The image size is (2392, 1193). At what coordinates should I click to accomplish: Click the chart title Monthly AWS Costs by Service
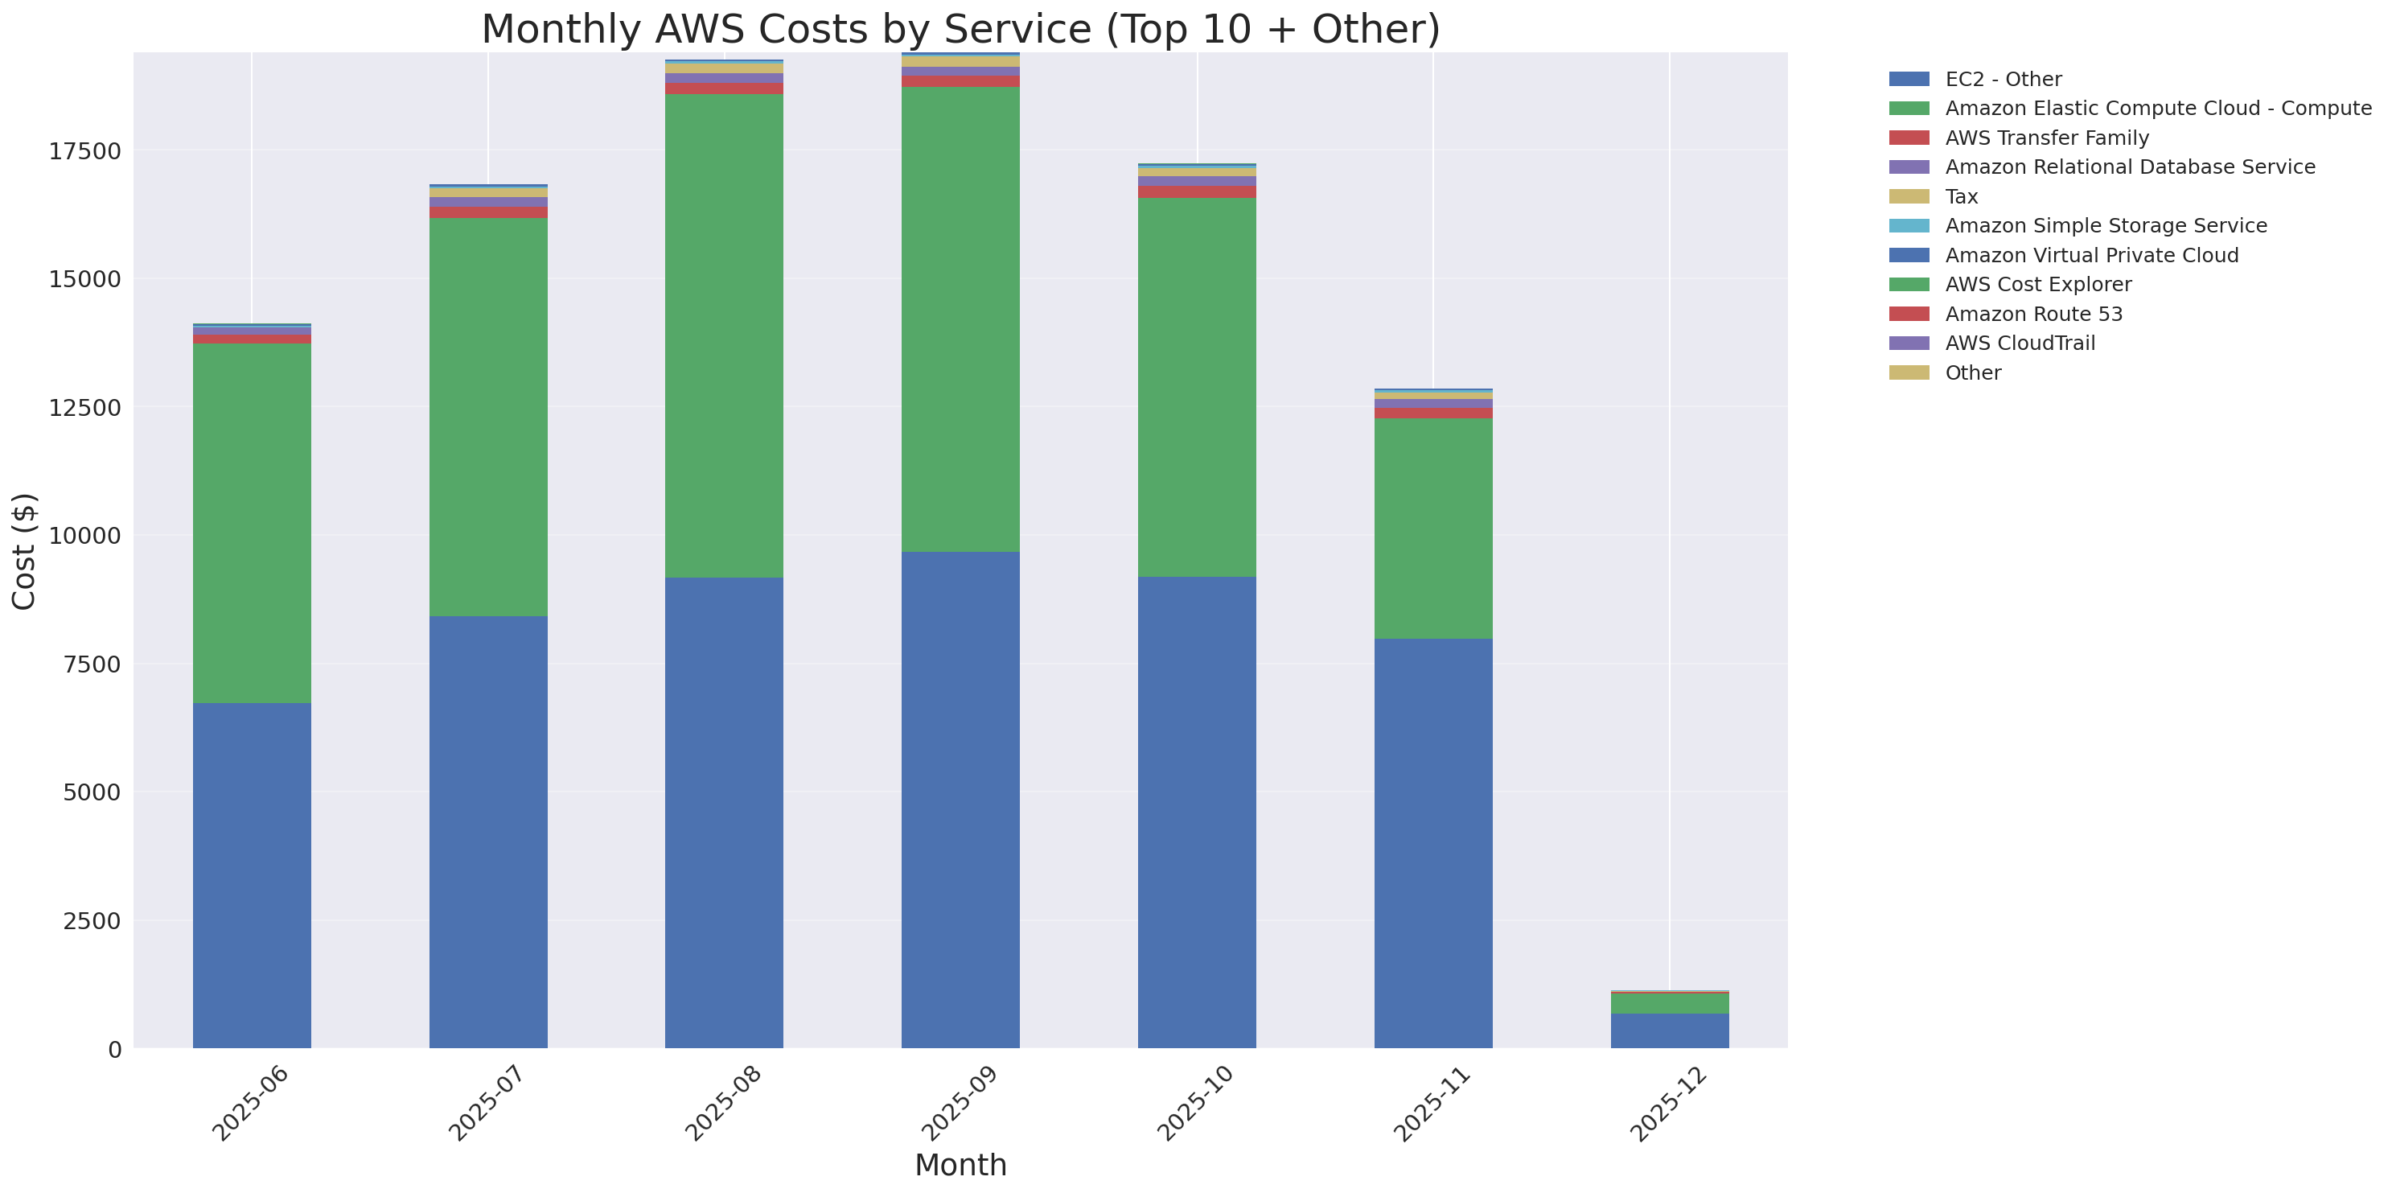pyautogui.click(x=960, y=30)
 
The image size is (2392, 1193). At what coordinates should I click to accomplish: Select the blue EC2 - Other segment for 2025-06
pyautogui.click(x=252, y=874)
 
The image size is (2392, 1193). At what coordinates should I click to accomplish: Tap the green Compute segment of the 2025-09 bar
pyautogui.click(x=960, y=319)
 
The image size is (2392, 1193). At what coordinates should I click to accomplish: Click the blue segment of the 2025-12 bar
pyautogui.click(x=1669, y=1031)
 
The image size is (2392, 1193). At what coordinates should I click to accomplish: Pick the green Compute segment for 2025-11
pyautogui.click(x=1432, y=529)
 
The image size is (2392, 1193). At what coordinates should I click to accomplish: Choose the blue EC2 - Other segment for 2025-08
pyautogui.click(x=725, y=812)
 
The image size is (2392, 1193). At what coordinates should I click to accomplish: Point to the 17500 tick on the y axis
pyautogui.click(x=84, y=151)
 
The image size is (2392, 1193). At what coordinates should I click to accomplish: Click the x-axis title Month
pyautogui.click(x=960, y=1165)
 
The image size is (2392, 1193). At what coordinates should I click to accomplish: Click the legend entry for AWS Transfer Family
pyautogui.click(x=2047, y=138)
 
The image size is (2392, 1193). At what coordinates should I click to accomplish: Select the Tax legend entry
pyautogui.click(x=1961, y=197)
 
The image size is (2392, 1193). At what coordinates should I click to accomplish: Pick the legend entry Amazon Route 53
pyautogui.click(x=2033, y=314)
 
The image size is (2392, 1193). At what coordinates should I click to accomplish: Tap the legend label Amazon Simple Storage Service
pyautogui.click(x=2105, y=225)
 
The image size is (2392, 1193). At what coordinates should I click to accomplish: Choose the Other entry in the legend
pyautogui.click(x=1972, y=372)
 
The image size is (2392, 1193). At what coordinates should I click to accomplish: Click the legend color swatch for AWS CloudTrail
pyautogui.click(x=1909, y=344)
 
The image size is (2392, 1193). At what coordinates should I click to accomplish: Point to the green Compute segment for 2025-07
pyautogui.click(x=487, y=417)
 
